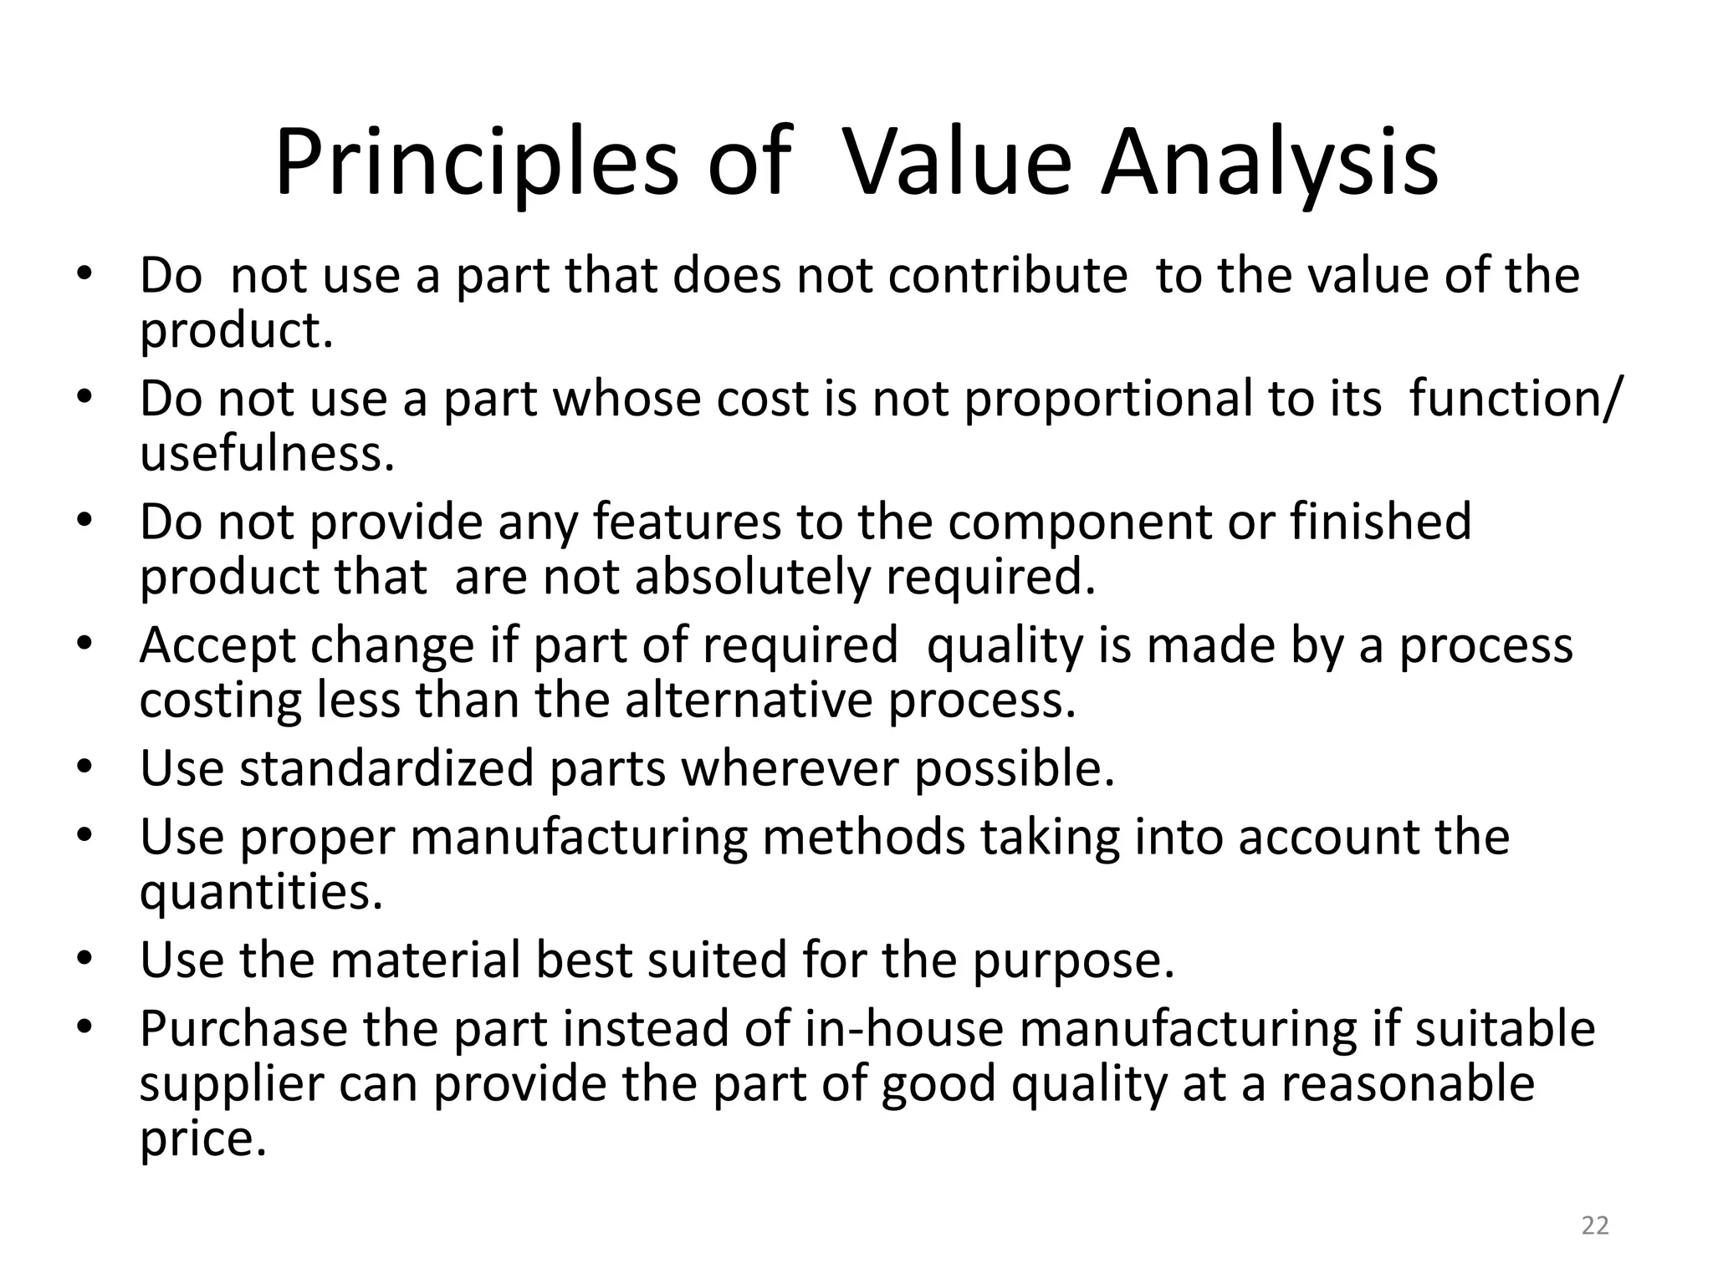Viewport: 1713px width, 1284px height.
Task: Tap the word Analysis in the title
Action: pos(1270,163)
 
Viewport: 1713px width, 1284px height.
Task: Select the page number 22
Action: pos(1595,1226)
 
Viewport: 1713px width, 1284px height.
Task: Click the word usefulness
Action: pos(266,454)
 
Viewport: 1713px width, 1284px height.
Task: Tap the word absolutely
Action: pos(753,578)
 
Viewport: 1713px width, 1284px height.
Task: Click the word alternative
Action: pos(749,701)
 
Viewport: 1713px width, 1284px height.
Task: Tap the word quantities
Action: pos(261,893)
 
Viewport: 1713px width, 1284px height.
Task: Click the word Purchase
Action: pos(243,1029)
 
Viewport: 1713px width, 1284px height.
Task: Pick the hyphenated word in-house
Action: pos(903,1029)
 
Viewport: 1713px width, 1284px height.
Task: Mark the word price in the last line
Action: pos(202,1140)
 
